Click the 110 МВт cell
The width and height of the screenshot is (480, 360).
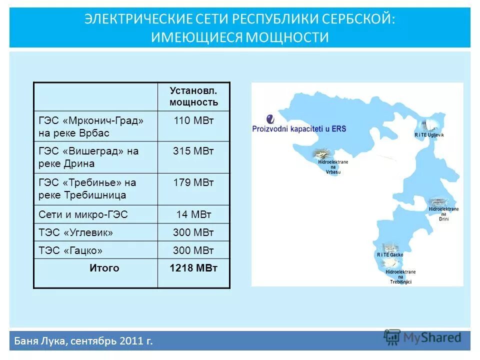(193, 120)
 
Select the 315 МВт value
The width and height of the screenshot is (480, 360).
(193, 151)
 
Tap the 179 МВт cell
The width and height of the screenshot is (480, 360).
(193, 182)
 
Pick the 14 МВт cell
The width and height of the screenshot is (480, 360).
(193, 214)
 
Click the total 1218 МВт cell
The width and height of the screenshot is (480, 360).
(193, 268)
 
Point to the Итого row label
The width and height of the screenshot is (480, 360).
(104, 268)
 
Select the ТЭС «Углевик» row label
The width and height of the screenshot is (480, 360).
(76, 232)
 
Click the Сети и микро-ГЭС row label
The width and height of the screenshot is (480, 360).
(83, 214)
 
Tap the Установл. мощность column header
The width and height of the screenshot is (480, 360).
(193, 96)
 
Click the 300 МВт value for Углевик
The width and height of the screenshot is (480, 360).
(193, 232)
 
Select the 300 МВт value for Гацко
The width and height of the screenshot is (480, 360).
(193, 249)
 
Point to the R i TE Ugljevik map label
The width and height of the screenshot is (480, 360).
(429, 135)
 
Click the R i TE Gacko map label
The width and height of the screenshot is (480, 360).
(390, 255)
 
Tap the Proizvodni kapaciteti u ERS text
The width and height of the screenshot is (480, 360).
(299, 129)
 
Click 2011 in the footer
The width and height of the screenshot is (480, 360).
(130, 341)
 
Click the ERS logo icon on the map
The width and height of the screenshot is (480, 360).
(270, 118)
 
